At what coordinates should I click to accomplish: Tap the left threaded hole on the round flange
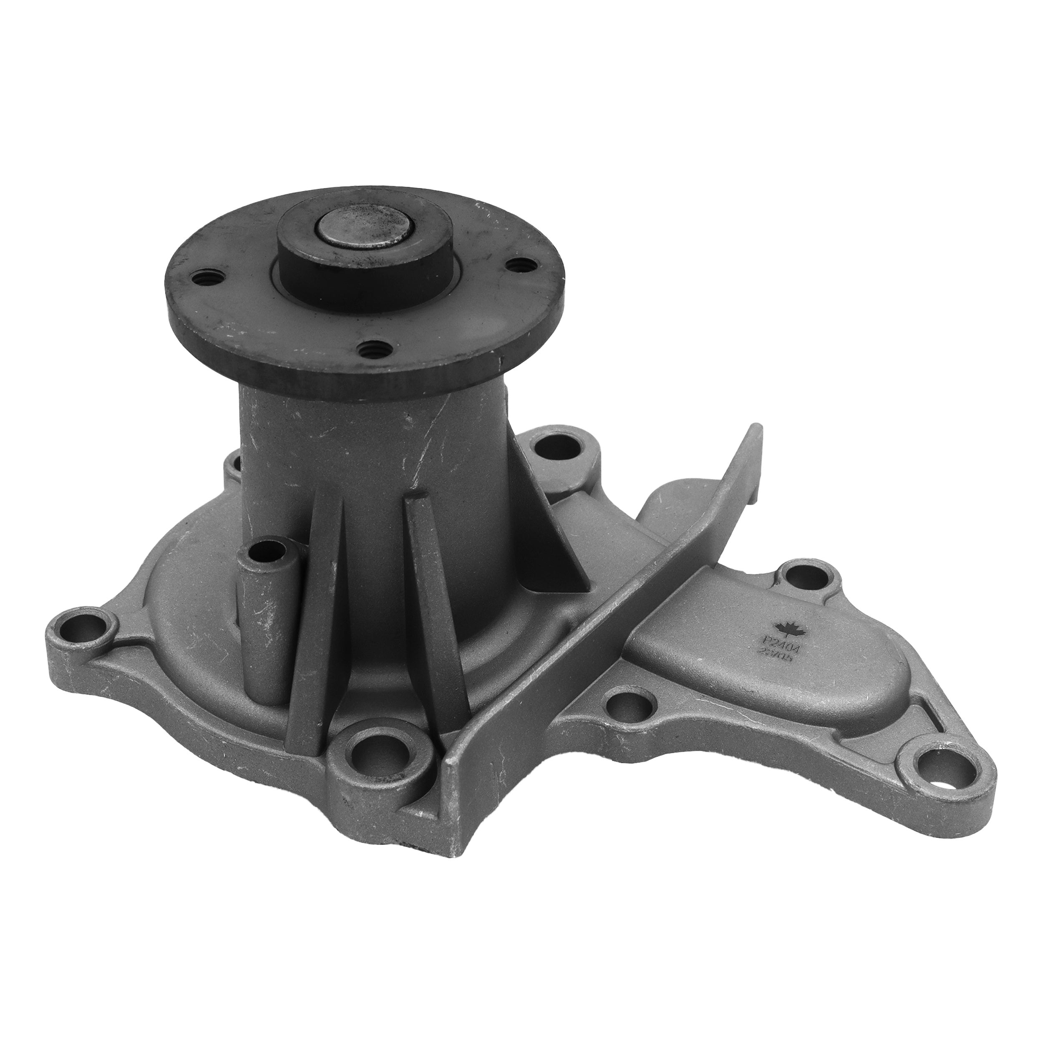pyautogui.click(x=207, y=279)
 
